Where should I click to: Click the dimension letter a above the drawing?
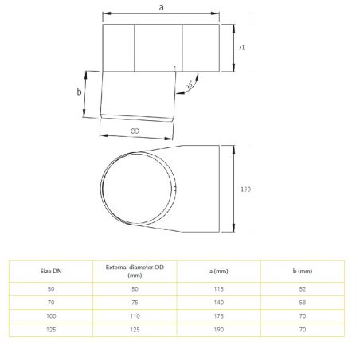pos(162,7)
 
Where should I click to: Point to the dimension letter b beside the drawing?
pos(79,92)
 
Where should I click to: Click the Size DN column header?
pos(51,271)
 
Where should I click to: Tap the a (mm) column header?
pos(215,271)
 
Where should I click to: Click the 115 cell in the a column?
pos(215,288)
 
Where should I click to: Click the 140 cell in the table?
pos(215,303)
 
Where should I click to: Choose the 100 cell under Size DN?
pos(51,316)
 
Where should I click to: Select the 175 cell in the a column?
pos(215,316)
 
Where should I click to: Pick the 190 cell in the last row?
pos(215,330)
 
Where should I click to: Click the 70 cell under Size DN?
pos(51,303)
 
